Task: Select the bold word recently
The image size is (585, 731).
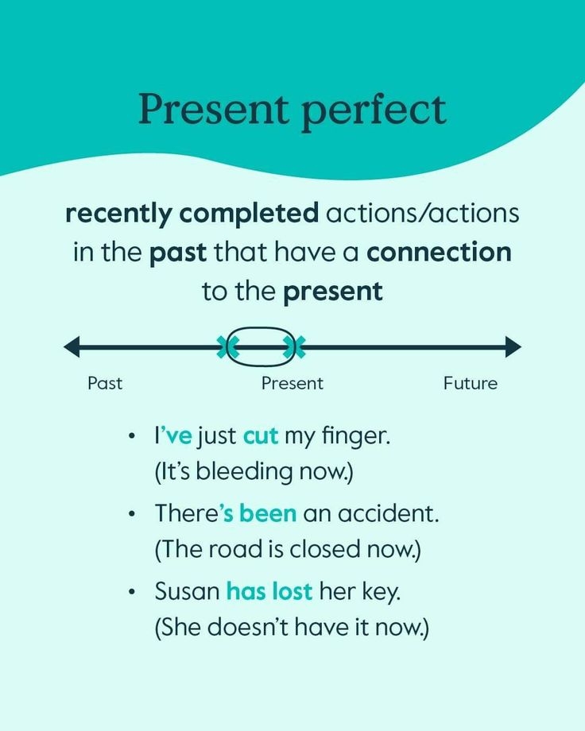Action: (118, 214)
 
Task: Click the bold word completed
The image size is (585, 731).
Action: (249, 214)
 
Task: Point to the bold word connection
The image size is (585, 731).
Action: (439, 253)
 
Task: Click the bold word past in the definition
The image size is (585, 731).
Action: (178, 253)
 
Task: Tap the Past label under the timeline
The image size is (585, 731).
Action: (105, 383)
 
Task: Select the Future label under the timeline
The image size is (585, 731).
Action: (471, 383)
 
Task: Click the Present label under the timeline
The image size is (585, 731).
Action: (292, 383)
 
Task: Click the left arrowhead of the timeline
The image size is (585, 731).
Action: (72, 346)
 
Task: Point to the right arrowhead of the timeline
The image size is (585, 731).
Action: (513, 346)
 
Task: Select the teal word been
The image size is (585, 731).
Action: (268, 513)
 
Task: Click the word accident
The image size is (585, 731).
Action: (388, 513)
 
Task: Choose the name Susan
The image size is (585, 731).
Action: (188, 591)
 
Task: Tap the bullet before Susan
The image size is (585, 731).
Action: (132, 592)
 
